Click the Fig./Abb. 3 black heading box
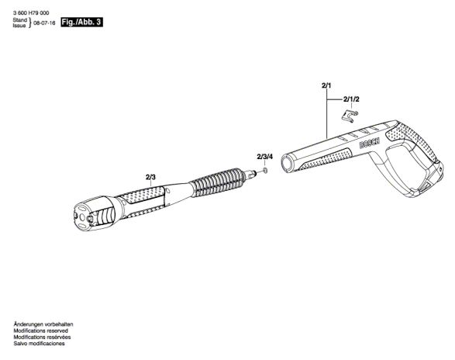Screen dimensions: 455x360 click(82, 22)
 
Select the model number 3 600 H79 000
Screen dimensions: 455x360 click(31, 12)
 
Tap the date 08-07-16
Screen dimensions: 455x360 click(44, 23)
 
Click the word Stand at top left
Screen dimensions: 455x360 click(19, 20)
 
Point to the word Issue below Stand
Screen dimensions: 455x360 click(19, 26)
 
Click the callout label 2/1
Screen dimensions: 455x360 click(326, 85)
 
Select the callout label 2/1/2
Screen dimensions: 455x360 click(351, 99)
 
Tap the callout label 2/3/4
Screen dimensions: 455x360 click(264, 157)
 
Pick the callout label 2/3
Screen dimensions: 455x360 click(150, 177)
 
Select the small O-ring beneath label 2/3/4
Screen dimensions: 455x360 click(265, 170)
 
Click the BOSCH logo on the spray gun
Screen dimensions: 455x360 click(370, 143)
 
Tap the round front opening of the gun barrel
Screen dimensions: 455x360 click(288, 162)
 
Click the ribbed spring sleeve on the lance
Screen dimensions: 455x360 click(217, 181)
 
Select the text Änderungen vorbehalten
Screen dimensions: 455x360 click(43, 324)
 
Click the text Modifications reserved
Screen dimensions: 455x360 click(40, 331)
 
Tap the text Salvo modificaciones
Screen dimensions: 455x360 click(40, 344)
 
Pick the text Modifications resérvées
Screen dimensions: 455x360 click(42, 337)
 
